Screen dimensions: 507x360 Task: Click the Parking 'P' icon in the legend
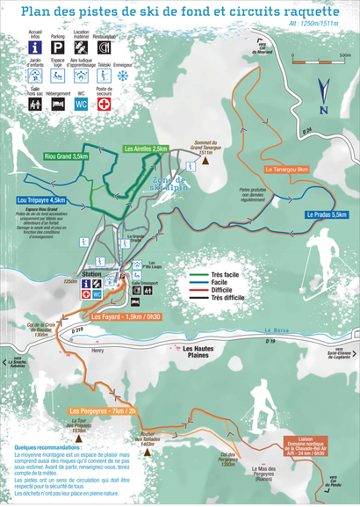tap(57, 47)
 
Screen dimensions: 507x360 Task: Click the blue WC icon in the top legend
tap(81, 104)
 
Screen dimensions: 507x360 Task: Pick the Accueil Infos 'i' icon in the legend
tap(33, 47)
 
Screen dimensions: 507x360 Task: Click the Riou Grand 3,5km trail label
tap(68, 156)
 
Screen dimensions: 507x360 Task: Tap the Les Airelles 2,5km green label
tap(146, 148)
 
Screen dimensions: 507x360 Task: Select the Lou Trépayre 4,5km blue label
tap(41, 200)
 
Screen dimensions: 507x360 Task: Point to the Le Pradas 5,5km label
tap(327, 214)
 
